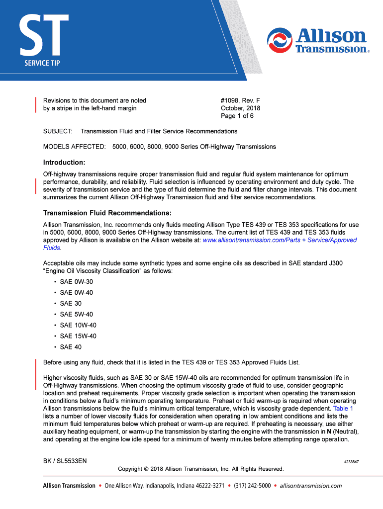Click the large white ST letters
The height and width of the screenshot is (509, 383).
click(x=44, y=35)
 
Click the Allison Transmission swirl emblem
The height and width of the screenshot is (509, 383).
click(x=280, y=40)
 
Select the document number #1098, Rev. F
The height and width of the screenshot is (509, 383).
click(x=241, y=100)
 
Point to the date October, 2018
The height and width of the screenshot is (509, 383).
click(x=241, y=108)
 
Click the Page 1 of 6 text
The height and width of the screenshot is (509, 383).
click(x=237, y=116)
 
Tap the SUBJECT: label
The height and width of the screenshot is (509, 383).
click(x=58, y=131)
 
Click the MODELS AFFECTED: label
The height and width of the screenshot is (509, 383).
click(x=74, y=147)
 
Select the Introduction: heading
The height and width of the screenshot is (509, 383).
click(x=64, y=163)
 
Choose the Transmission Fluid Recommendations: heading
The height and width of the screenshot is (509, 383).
click(x=107, y=213)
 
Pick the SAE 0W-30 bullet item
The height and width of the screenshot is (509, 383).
click(x=76, y=281)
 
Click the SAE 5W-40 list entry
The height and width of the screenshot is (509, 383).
click(x=76, y=314)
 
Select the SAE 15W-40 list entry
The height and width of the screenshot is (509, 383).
click(x=78, y=336)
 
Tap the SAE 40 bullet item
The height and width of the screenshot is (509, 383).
click(x=71, y=347)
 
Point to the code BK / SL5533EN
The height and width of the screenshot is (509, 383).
click(x=65, y=461)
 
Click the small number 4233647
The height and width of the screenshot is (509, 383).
click(x=351, y=462)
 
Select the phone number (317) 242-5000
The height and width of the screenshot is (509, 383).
click(x=252, y=486)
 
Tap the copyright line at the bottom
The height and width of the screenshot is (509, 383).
click(x=200, y=469)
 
